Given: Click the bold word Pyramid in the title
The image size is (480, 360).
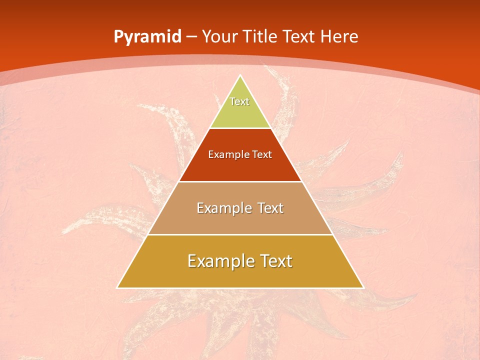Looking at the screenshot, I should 147,37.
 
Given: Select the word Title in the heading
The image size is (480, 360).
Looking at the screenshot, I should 260,37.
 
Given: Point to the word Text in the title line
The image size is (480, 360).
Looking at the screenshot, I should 299,37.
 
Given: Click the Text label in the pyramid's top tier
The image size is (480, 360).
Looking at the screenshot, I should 239,101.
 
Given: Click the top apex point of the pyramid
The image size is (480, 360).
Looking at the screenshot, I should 240,76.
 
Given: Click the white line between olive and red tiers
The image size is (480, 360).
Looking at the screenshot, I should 240,128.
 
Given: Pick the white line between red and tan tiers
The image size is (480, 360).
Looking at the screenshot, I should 240,181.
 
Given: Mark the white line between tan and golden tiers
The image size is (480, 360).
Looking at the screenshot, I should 240,234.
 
